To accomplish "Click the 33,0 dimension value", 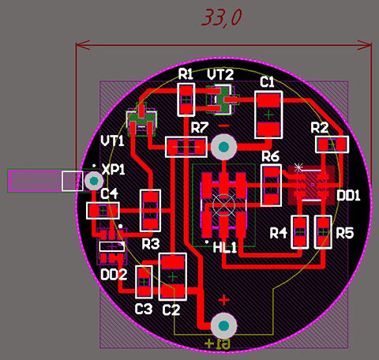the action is (222, 17).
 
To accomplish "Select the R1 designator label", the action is (186, 74).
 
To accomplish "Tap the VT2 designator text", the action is (220, 74).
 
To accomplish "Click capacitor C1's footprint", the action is (268, 114).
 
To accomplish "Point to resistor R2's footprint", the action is (332, 144).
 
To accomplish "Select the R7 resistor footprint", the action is (186, 147).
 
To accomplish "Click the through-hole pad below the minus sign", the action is (224, 147).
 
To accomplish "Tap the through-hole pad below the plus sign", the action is (224, 326).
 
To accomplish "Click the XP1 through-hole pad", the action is (94, 181).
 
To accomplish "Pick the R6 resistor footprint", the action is (271, 186).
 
